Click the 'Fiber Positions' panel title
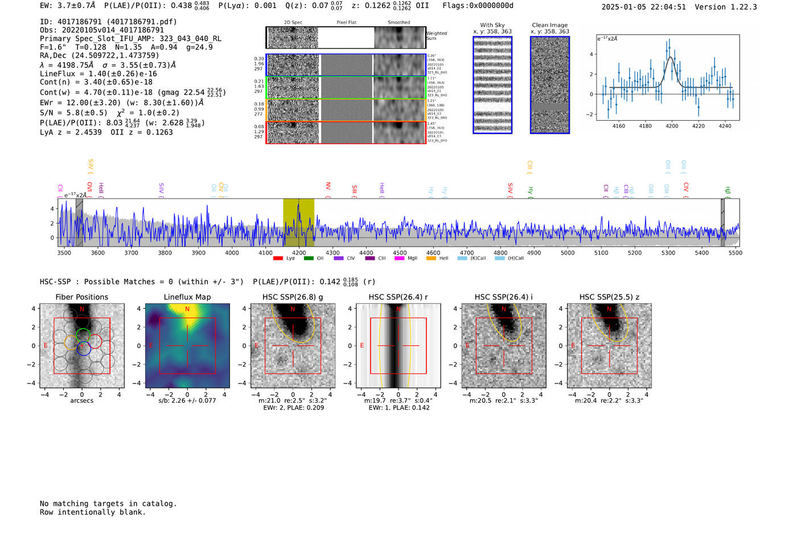81,297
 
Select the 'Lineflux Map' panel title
187,297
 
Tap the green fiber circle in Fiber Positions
83,335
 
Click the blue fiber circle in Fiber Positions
84,349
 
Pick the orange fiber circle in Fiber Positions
72,342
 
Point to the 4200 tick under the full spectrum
299,252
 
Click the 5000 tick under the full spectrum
568,252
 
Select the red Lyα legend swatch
278,259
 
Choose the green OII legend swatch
309,259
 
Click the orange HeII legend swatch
431,259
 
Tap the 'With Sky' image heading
492,25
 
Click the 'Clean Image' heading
549,25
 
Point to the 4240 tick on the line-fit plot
725,126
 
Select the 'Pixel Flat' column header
346,23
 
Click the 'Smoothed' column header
398,23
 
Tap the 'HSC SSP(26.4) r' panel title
398,297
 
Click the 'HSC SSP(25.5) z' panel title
609,297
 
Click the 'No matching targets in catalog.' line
108,504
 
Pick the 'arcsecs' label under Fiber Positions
81,401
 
